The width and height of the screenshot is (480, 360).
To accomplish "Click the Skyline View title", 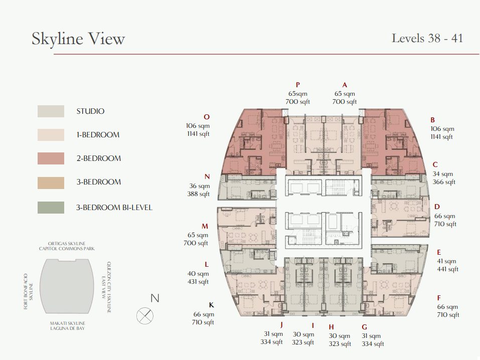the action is coord(78,39).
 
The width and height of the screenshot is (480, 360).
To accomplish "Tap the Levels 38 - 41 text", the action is coord(427,38).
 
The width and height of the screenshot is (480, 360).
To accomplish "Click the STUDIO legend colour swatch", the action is coord(51,111).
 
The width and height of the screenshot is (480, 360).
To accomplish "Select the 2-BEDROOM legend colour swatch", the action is coord(51,158).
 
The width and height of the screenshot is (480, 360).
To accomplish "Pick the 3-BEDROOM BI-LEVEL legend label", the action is coord(114,208).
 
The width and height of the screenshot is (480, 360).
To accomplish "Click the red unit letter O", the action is coord(207,117).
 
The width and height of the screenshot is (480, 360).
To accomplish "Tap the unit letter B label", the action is coord(432,120).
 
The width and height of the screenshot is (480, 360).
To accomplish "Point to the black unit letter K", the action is coord(211,305).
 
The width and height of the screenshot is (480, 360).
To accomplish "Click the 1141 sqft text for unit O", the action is coord(198,134).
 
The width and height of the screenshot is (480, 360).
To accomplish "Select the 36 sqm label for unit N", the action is coord(199,186).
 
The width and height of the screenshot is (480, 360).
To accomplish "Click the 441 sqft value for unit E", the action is coord(447,269).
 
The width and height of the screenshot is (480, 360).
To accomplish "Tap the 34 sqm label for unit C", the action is coord(443,174).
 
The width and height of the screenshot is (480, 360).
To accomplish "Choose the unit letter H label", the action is coord(331,327).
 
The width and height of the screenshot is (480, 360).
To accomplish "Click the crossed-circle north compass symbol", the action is coord(145,315).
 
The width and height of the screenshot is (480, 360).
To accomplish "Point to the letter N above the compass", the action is coord(155,298).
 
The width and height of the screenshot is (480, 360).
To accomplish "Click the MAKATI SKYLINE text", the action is coord(68,323).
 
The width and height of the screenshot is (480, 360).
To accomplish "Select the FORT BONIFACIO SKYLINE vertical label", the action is coord(28,291).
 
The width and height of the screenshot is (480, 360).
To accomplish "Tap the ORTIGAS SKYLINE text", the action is coord(67,244).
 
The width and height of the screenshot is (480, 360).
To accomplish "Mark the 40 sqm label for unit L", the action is coord(198,274).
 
